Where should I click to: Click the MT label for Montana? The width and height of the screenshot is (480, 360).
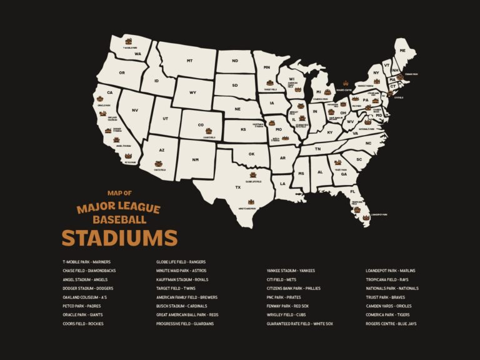(189, 61)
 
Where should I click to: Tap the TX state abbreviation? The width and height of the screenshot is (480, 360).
(237, 187)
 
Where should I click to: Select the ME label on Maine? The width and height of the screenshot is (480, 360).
(402, 50)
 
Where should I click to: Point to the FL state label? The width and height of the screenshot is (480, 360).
(352, 191)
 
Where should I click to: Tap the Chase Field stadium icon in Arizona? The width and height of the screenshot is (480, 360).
(159, 164)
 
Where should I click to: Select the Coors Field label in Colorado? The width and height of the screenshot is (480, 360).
(209, 137)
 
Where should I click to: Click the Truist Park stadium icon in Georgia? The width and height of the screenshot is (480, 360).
(339, 164)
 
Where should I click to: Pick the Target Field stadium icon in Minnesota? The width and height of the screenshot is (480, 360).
(270, 83)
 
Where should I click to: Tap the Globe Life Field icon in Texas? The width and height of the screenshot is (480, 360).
(253, 176)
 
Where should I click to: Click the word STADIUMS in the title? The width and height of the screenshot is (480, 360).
(119, 238)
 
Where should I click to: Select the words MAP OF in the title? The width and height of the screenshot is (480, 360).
(119, 193)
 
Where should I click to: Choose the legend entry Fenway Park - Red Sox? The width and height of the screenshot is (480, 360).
(287, 306)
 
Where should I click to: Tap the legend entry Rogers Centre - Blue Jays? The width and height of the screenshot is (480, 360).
(391, 324)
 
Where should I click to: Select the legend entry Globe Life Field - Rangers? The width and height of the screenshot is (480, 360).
(181, 262)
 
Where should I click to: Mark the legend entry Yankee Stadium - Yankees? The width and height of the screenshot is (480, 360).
(291, 271)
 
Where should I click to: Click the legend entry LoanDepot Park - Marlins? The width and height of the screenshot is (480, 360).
(390, 271)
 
